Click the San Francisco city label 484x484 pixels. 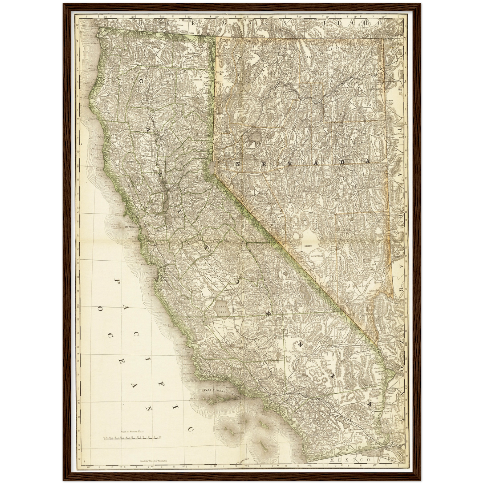click(x=132, y=227)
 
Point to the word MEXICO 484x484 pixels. click(x=350, y=460)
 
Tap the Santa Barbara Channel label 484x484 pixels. click(x=222, y=392)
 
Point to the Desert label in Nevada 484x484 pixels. click(x=308, y=246)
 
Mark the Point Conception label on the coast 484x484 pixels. click(x=204, y=379)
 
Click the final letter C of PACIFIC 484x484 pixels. click(x=191, y=429)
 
